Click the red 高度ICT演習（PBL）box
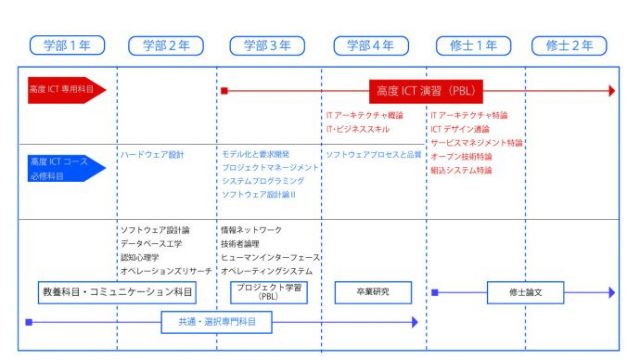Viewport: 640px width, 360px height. pos(426,90)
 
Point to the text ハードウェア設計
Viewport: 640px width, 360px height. pos(152,155)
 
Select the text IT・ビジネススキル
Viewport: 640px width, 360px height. pos(357,129)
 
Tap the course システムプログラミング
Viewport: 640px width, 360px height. pos(262,181)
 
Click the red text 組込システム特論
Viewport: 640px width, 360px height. pos(461,170)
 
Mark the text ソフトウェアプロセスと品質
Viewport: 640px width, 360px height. pos(374,155)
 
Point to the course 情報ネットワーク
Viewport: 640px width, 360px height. pos(251,229)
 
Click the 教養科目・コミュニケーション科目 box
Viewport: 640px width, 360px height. pos(117,291)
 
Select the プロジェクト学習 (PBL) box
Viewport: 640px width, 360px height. pos(267,291)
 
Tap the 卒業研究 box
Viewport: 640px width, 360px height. pos(370,291)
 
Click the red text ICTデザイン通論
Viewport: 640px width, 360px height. pos(460,129)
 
